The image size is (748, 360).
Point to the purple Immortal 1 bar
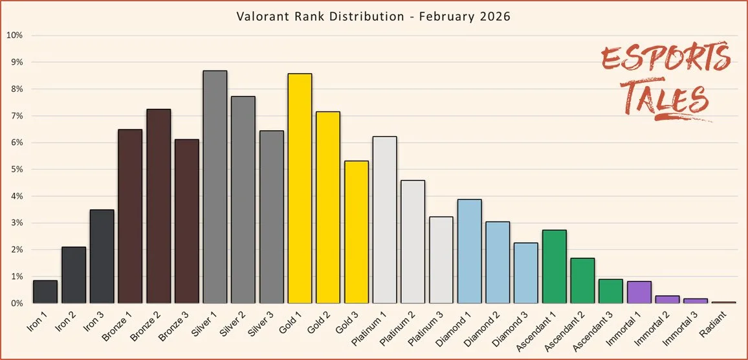[639, 292]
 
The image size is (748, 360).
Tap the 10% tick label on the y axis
[15, 35]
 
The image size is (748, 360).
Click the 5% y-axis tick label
[17, 170]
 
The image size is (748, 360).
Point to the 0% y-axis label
[17, 303]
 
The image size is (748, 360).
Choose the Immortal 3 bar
[696, 300]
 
